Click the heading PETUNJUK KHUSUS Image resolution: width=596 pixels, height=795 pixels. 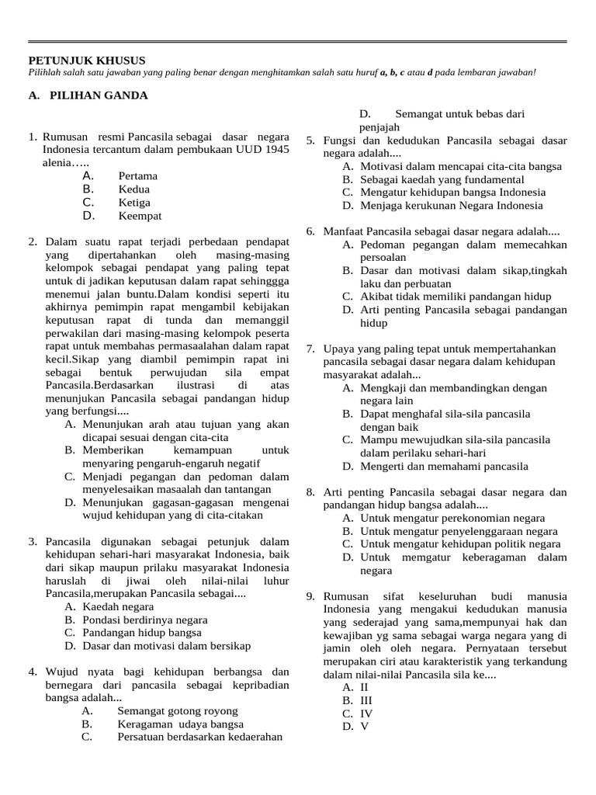click(x=86, y=60)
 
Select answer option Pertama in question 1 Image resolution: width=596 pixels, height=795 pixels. click(x=137, y=176)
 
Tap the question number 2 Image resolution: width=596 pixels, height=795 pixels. click(x=33, y=242)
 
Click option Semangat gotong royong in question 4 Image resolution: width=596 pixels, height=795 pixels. click(x=177, y=711)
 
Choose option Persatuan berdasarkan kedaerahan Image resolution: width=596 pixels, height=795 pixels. click(x=199, y=738)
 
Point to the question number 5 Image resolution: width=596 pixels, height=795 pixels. click(x=310, y=141)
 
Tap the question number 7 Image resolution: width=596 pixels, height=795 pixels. click(x=310, y=349)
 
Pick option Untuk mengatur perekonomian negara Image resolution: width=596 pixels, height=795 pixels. click(x=452, y=519)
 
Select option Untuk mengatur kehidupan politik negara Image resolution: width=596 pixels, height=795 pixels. click(x=460, y=545)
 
